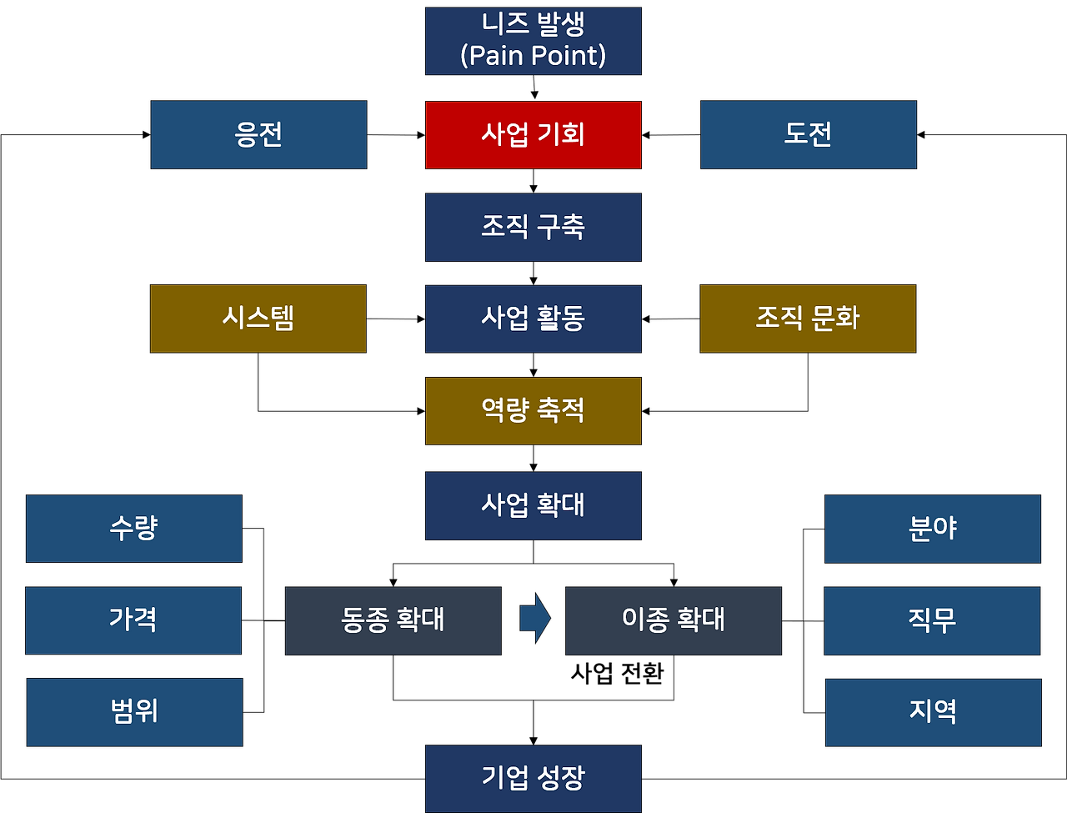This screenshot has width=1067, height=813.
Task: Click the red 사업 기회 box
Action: [x=533, y=134]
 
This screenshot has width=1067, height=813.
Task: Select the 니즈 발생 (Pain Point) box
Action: [x=533, y=42]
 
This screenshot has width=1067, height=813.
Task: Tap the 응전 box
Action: [x=258, y=135]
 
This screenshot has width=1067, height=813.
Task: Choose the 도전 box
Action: [x=808, y=135]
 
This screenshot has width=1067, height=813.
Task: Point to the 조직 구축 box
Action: [x=533, y=228]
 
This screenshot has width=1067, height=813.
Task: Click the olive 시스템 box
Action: [x=258, y=319]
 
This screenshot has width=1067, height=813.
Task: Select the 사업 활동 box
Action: [x=533, y=319]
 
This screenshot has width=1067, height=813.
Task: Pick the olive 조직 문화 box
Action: [x=808, y=319]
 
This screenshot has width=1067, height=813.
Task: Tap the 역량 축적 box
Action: [x=533, y=410]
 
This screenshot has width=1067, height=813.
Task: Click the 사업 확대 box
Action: [x=533, y=505]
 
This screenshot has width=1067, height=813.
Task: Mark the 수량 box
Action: [x=134, y=529]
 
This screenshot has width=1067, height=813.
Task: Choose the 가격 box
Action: [x=133, y=620]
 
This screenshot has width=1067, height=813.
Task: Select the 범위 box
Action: [x=134, y=712]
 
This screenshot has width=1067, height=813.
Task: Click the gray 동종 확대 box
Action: [x=393, y=620]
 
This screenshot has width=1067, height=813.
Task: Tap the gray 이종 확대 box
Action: [x=674, y=620]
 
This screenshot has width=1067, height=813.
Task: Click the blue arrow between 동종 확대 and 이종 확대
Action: [x=534, y=619]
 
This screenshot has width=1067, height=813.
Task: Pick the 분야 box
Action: [x=932, y=529]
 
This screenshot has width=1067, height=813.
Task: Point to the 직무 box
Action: [x=932, y=620]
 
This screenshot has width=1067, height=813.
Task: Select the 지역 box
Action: [x=934, y=712]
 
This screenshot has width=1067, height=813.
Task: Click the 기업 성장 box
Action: [x=533, y=779]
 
